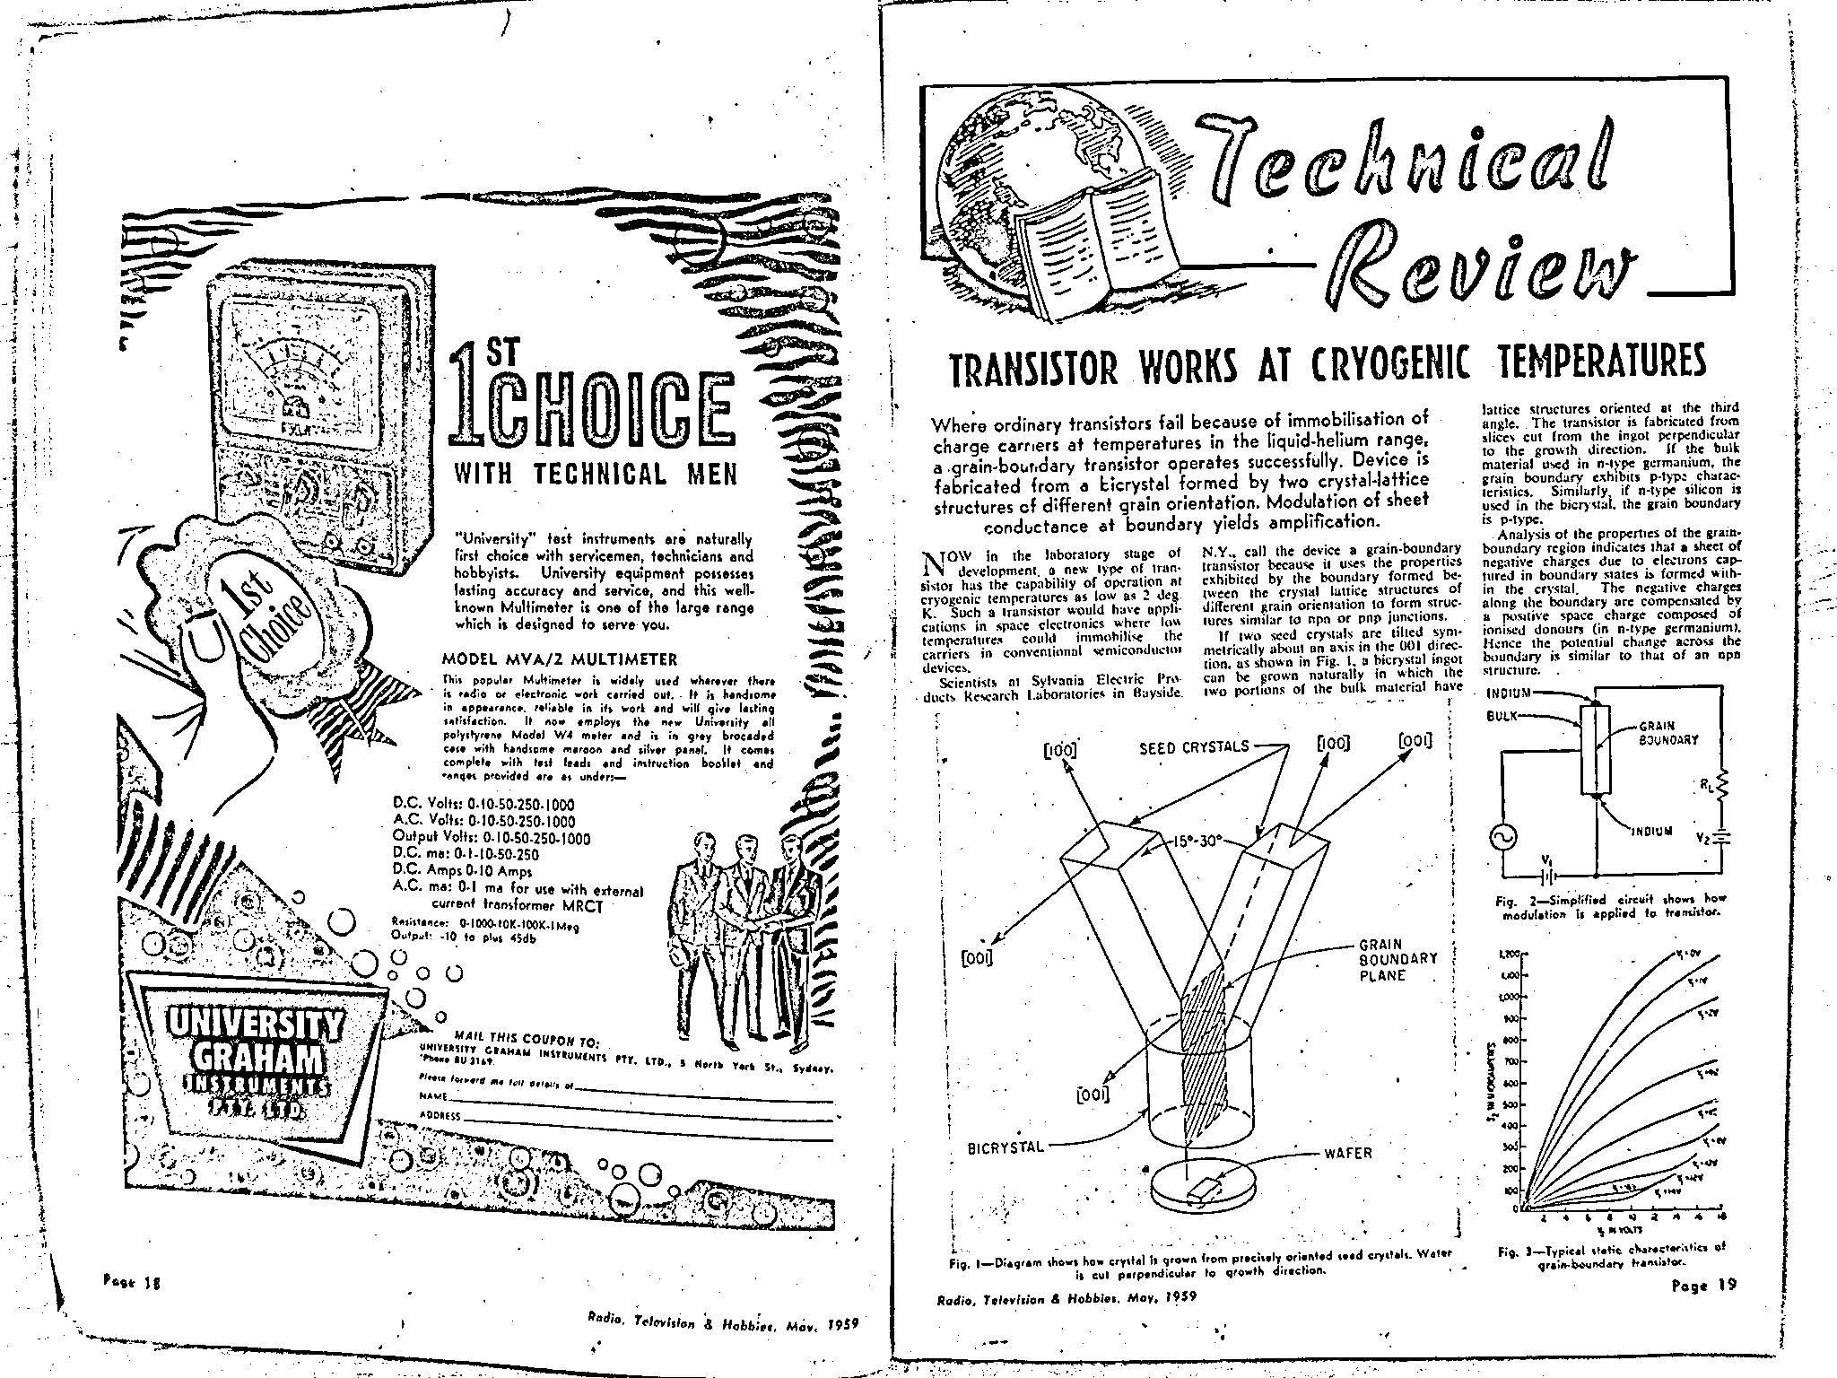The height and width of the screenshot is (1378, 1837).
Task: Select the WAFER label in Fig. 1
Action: coord(1348,1153)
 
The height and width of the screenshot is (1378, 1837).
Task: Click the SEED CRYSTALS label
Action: coord(1194,746)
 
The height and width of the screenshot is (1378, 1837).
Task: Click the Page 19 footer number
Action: coord(1703,1284)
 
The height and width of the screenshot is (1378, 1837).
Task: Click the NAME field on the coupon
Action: coord(628,1097)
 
